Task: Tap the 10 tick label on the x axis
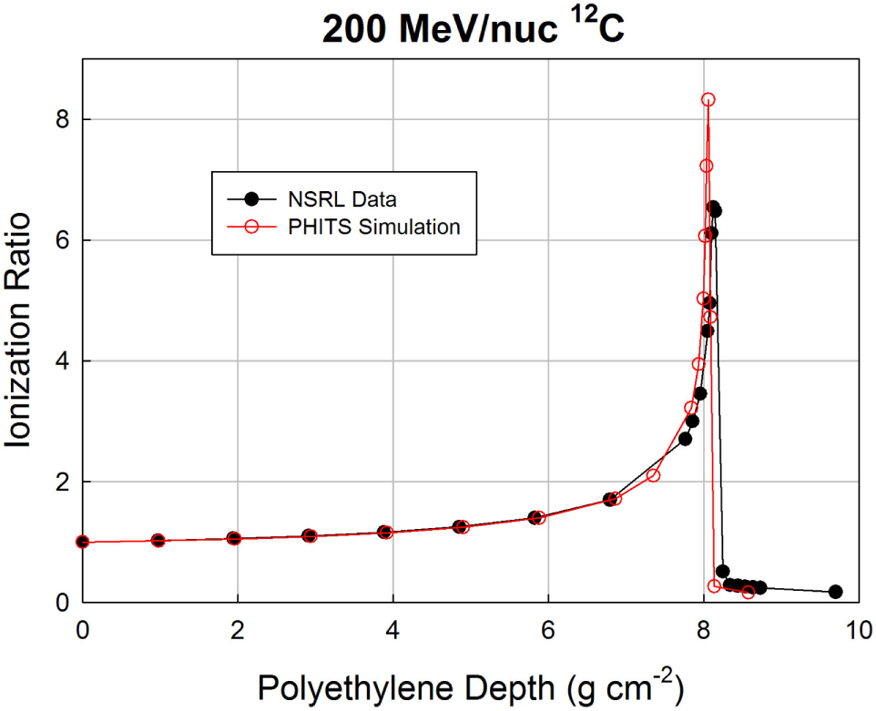[x=856, y=628]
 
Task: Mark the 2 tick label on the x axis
[x=238, y=628]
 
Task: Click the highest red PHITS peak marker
[x=708, y=99]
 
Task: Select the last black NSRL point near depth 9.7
[x=835, y=592]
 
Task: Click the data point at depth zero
[x=83, y=542]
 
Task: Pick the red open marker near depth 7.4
[x=653, y=475]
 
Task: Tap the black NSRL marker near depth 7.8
[x=685, y=439]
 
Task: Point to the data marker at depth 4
[x=385, y=532]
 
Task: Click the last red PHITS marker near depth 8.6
[x=749, y=593]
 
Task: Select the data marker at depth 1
[x=158, y=540]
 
